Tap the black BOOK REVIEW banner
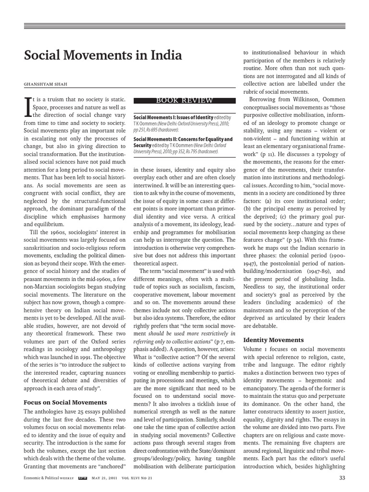[184, 100]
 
